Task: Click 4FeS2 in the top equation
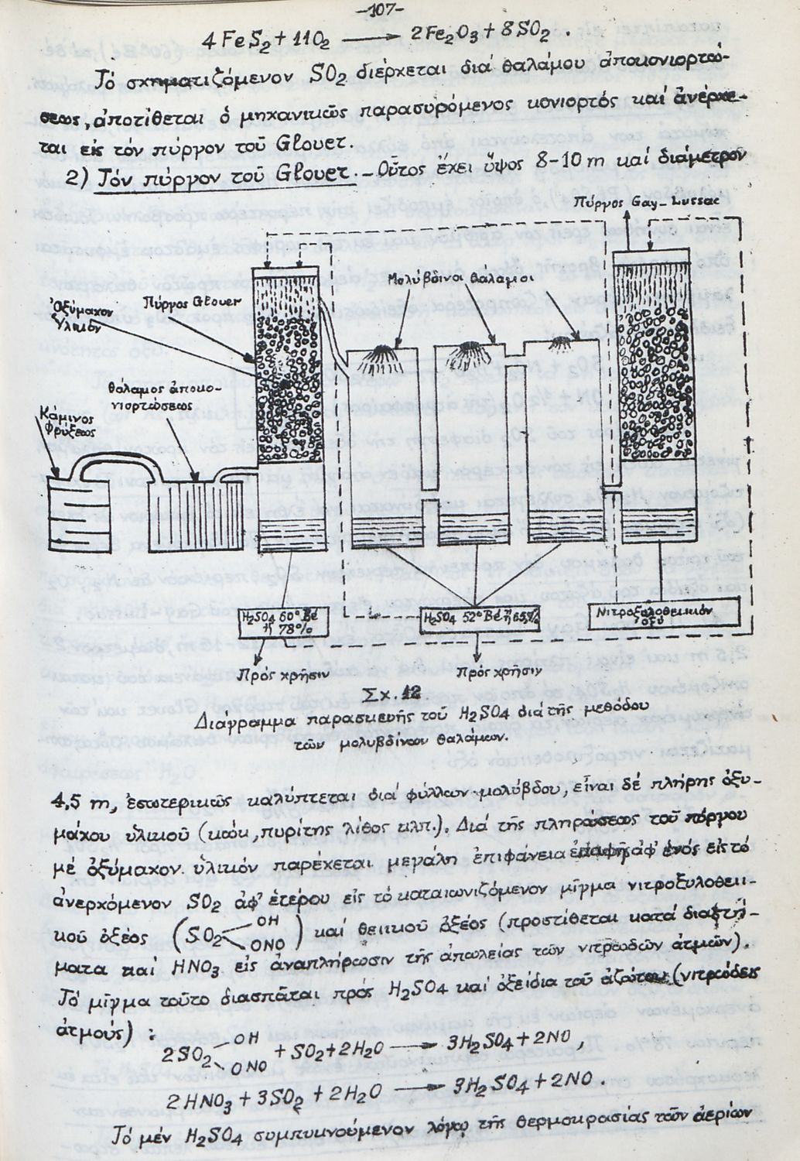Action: [x=230, y=39]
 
